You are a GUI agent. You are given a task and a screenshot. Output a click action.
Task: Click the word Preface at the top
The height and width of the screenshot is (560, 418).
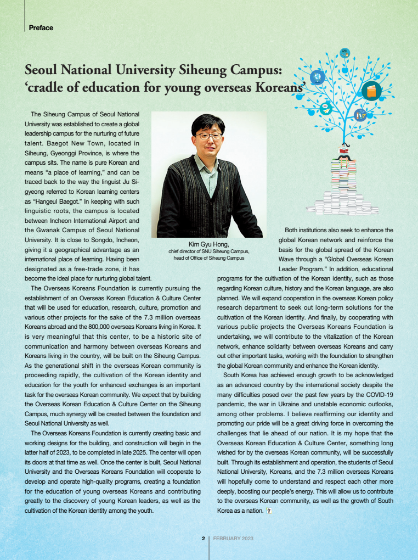(x=41, y=27)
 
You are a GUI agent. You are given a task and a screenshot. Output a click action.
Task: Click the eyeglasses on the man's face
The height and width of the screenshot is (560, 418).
(x=209, y=135)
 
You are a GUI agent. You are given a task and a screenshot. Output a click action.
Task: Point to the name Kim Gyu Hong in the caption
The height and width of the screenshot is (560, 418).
(x=208, y=244)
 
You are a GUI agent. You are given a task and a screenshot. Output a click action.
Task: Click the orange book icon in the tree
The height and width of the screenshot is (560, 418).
(x=371, y=91)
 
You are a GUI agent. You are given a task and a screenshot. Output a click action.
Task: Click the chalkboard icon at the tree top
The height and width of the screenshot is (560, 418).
(x=344, y=53)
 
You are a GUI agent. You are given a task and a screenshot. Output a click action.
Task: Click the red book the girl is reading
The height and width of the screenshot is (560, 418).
(x=343, y=149)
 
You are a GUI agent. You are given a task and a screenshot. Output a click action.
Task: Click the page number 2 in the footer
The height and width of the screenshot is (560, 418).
(x=203, y=539)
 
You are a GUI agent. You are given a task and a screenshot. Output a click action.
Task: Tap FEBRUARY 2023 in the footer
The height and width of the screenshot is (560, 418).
(x=233, y=539)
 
